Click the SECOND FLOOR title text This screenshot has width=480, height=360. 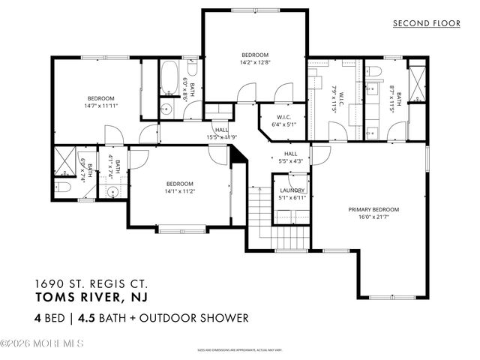coord(427,23)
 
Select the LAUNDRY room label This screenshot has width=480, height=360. coord(292,190)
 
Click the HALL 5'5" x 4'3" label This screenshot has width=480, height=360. coord(290,157)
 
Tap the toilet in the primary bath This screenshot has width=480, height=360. coord(376,71)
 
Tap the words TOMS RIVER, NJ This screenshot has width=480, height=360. coord(83,296)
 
